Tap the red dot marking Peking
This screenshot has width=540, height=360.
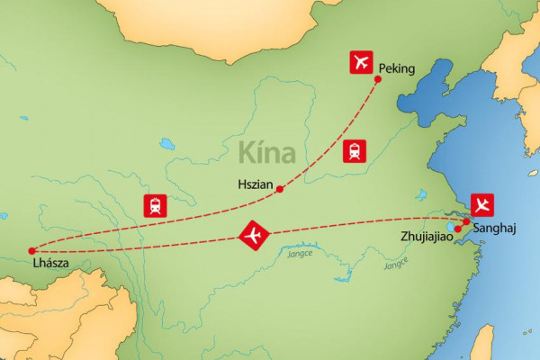click(377, 80)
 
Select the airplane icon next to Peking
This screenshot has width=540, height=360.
click(360, 63)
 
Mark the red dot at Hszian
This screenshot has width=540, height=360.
click(280, 189)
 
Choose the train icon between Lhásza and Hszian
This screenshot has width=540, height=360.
click(155, 205)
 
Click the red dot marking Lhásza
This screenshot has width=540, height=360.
click(31, 250)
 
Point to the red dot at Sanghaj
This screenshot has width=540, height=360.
click(466, 221)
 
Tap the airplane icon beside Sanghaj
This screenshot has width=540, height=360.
click(482, 203)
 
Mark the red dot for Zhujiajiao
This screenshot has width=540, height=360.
click(458, 229)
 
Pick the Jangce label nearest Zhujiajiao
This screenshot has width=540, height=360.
click(395, 263)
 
